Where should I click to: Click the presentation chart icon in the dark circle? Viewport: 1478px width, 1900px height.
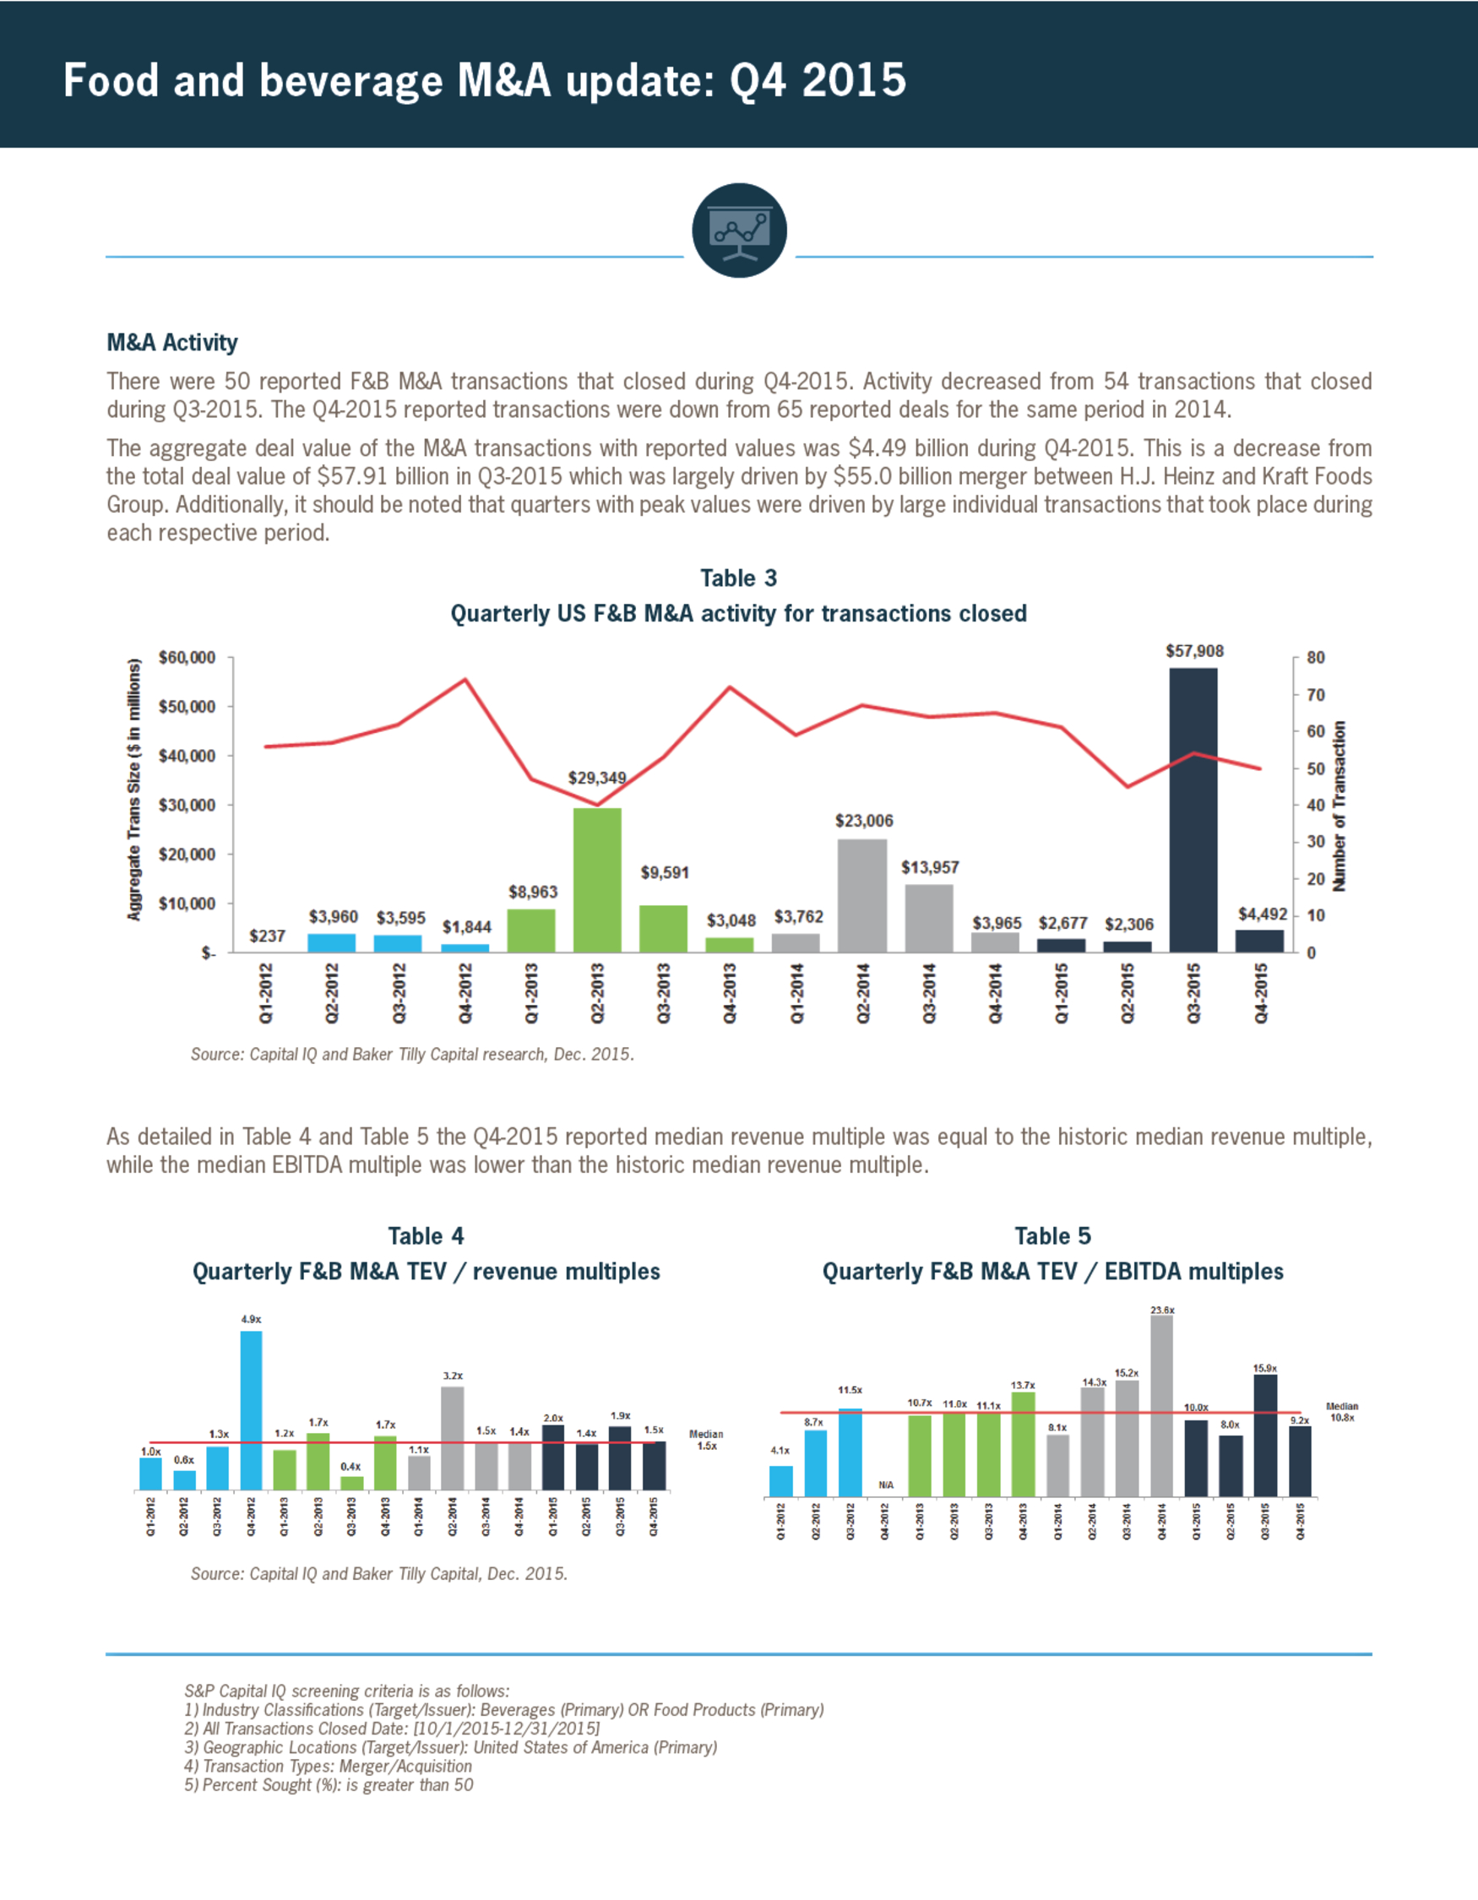click(740, 231)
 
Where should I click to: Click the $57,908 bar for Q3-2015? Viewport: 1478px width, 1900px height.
click(1193, 810)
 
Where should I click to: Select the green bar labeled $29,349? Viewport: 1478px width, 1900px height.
click(597, 881)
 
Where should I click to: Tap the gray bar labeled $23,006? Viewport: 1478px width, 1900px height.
click(862, 896)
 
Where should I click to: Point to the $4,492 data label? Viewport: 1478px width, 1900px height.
click(1263, 915)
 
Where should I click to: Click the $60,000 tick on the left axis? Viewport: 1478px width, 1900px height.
click(187, 658)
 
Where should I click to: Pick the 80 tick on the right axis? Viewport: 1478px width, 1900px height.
click(1316, 658)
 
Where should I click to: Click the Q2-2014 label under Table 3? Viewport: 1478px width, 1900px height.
click(863, 992)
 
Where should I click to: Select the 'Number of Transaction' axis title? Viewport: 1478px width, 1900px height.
click(1339, 806)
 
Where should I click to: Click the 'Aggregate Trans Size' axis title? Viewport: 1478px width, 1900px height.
click(134, 789)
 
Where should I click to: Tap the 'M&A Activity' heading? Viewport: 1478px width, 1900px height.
click(172, 343)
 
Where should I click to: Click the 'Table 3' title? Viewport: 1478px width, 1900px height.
click(738, 578)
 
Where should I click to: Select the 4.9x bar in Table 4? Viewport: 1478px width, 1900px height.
click(251, 1410)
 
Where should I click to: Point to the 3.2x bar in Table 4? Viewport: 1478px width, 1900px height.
click(453, 1438)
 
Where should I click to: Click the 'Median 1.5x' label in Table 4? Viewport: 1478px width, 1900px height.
click(706, 1440)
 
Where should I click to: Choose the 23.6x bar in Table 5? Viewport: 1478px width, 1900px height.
click(1161, 1406)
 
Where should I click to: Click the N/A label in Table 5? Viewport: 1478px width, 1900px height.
click(886, 1485)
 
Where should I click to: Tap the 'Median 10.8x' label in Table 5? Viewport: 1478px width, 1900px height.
click(1341, 1412)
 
